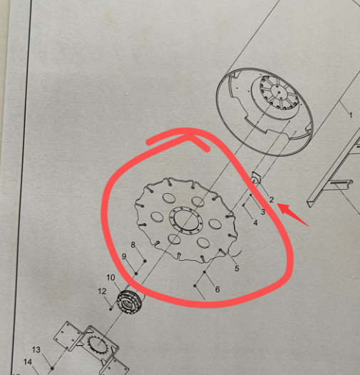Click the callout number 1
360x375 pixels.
coord(351,115)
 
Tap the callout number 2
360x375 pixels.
coord(272,200)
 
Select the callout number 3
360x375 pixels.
coord(263,212)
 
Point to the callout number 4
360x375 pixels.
coord(255,223)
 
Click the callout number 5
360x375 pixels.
coord(237,268)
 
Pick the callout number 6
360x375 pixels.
coord(217,289)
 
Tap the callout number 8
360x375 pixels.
coord(133,245)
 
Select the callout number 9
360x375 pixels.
coord(124,257)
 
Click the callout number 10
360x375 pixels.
coord(110,277)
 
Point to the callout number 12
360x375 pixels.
coord(102,292)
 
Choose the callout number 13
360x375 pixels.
coord(36,350)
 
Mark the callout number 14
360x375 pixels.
coord(28,362)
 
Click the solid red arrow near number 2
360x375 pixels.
coord(293,215)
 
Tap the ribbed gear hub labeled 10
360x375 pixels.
coord(130,302)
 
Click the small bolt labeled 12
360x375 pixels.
coord(111,309)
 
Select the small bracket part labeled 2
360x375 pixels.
coord(255,178)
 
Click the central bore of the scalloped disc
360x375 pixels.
coord(186,220)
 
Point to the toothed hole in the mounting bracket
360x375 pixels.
coord(98,344)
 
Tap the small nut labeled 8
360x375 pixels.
coord(145,261)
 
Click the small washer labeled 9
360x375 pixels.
coord(136,273)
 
